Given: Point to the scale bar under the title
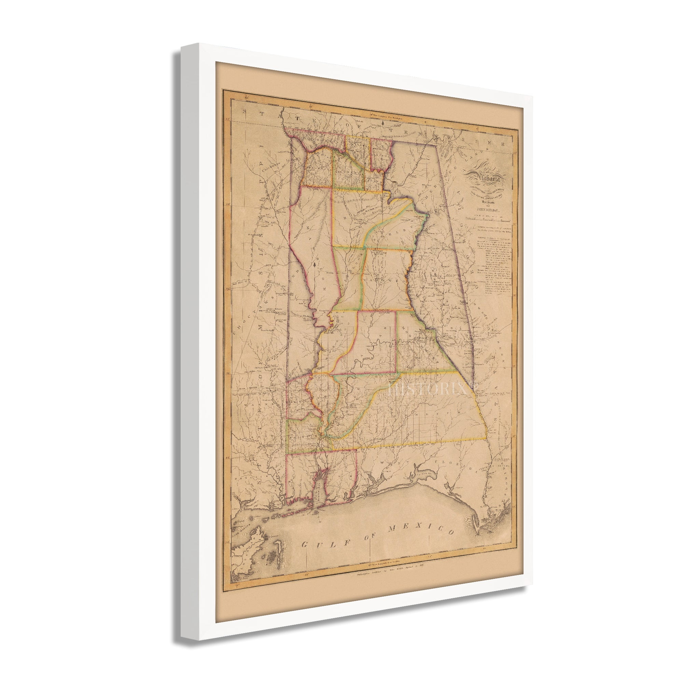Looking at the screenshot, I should tap(488, 220).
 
